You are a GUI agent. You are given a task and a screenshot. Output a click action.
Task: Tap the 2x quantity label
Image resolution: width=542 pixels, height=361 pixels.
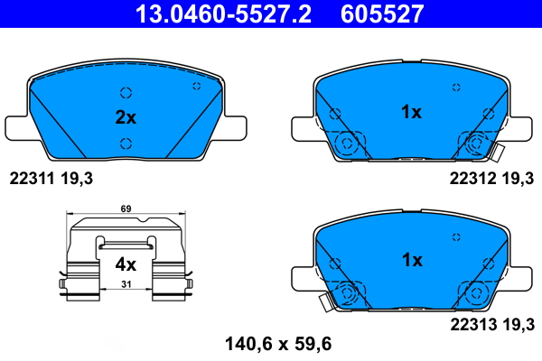pyautogui.click(x=126, y=117)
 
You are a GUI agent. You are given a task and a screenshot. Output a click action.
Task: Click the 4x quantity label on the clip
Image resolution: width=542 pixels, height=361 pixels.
pyautogui.click(x=126, y=264)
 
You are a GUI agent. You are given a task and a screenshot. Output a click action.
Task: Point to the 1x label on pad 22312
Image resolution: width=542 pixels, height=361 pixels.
pyautogui.click(x=411, y=112)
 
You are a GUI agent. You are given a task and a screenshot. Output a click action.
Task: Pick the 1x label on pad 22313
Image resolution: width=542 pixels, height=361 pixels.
pyautogui.click(x=411, y=260)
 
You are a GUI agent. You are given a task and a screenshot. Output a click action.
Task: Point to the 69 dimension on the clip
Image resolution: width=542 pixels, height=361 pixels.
pyautogui.click(x=126, y=209)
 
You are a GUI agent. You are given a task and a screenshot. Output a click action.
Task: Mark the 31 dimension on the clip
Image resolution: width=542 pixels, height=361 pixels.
pyautogui.click(x=126, y=286)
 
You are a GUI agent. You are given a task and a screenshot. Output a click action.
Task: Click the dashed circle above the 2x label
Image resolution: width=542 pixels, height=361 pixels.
pyautogui.click(x=126, y=92)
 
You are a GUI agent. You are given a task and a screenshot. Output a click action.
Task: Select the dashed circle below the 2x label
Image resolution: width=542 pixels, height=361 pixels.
pyautogui.click(x=126, y=143)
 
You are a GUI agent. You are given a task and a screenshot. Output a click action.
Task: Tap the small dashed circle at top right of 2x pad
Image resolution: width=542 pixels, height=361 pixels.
pyautogui.click(x=196, y=86)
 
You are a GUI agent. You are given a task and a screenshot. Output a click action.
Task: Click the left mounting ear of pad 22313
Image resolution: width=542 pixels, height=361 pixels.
pyautogui.click(x=302, y=275)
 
